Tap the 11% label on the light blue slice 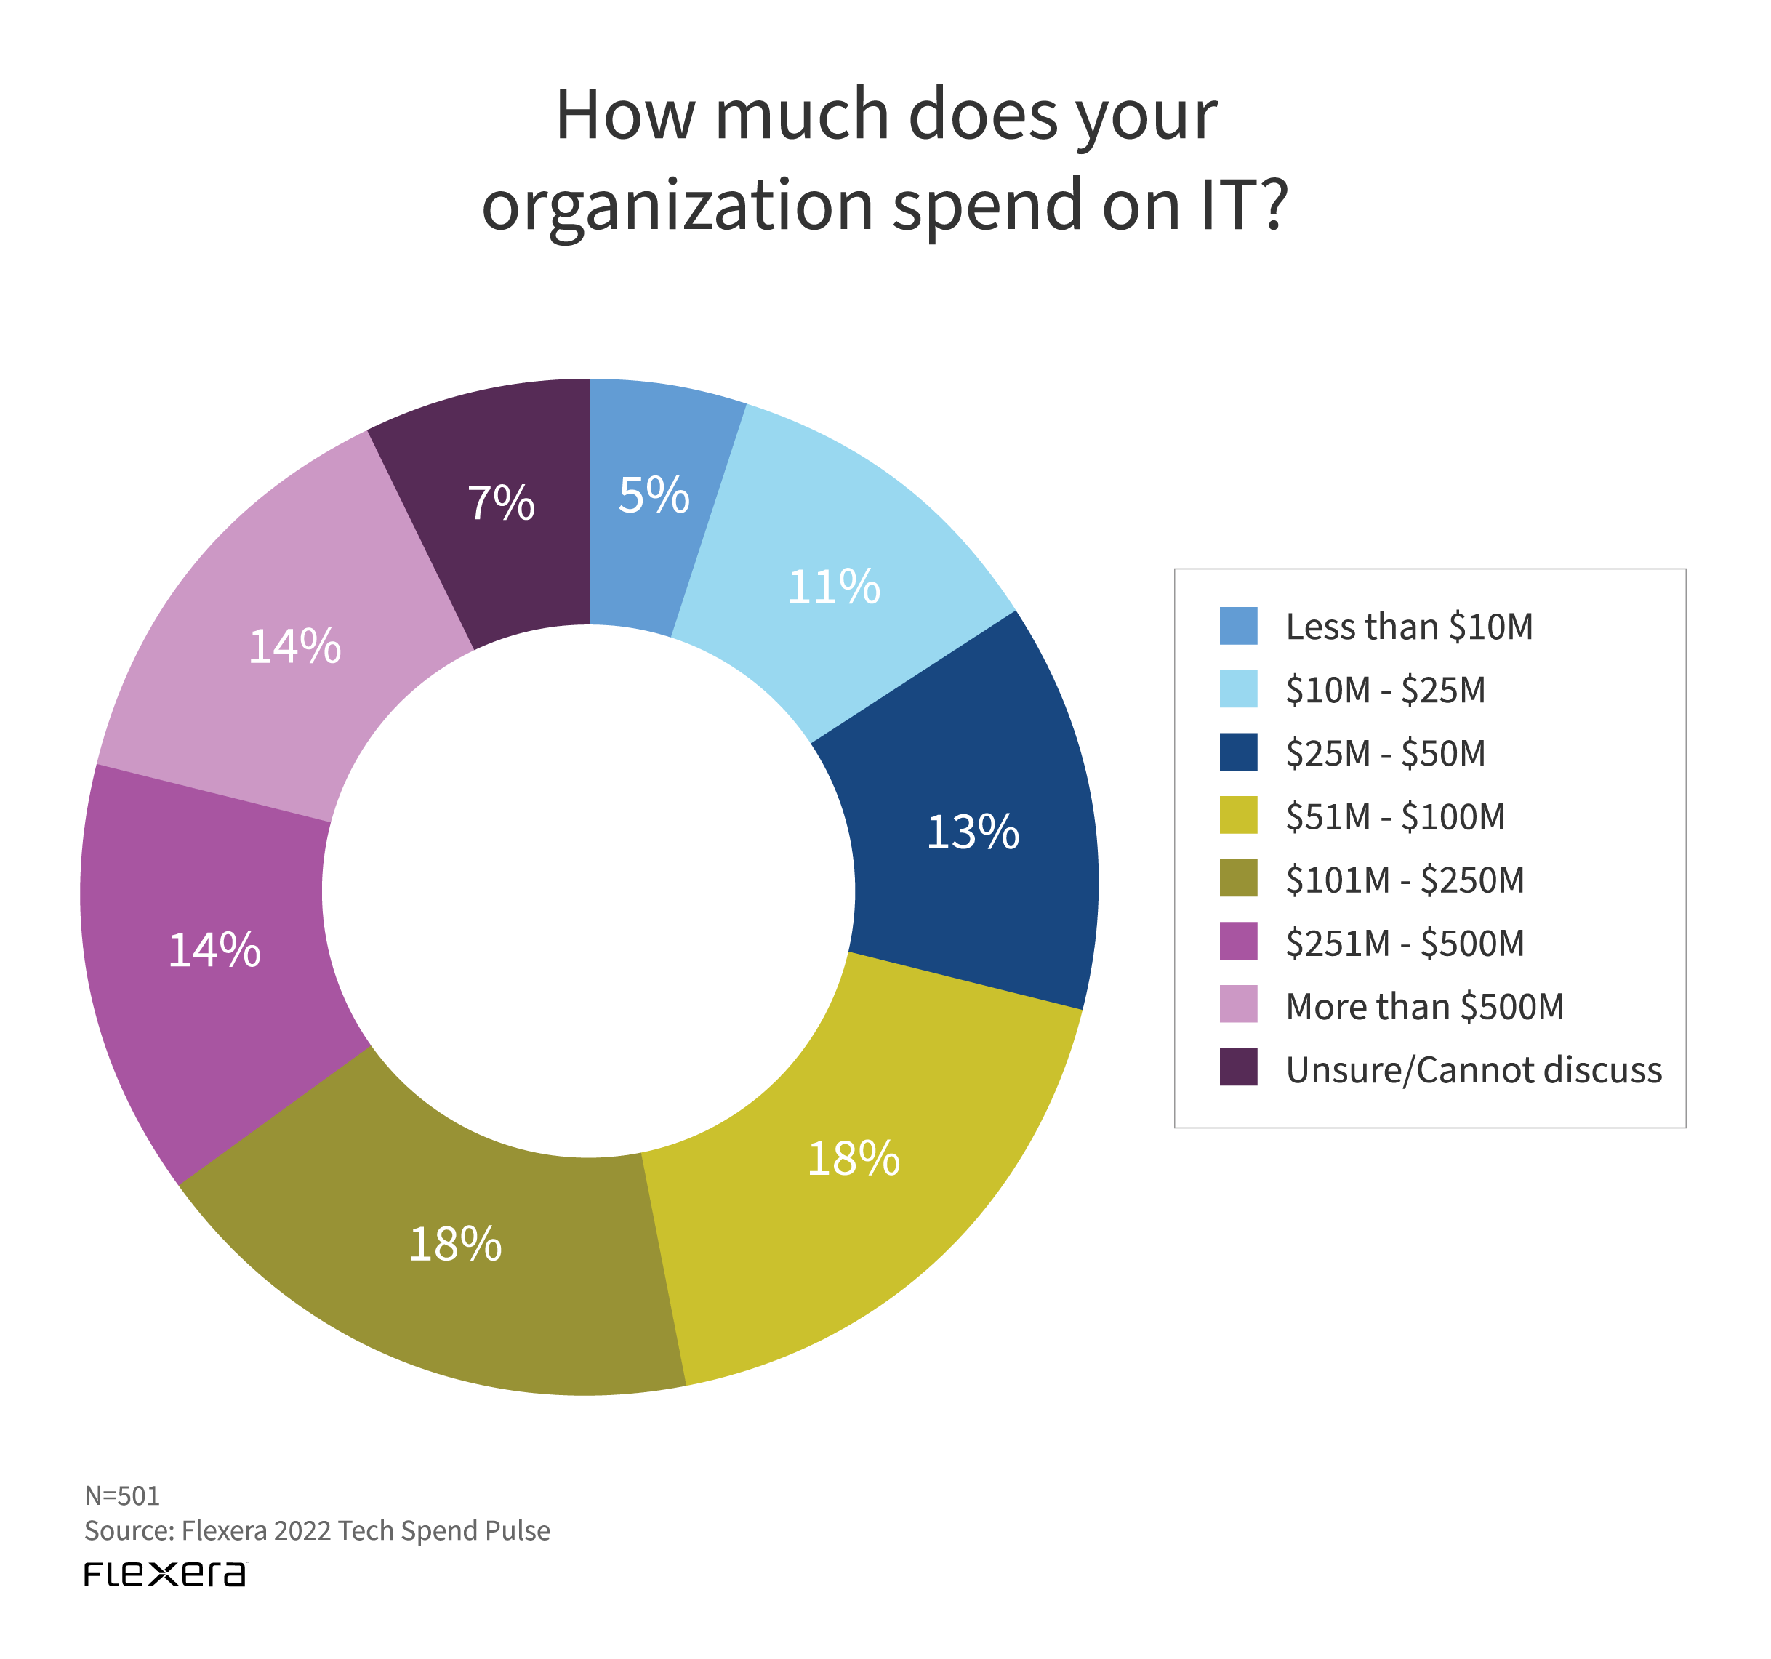click(x=834, y=587)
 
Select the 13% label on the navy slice click(x=973, y=832)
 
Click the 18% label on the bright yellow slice click(x=854, y=1159)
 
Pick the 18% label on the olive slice click(x=455, y=1245)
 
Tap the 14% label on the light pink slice click(x=295, y=647)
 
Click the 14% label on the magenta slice click(x=214, y=951)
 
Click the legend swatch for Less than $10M click(x=1238, y=625)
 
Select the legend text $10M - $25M click(x=1385, y=691)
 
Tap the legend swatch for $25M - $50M click(x=1238, y=752)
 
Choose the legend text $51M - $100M click(x=1395, y=817)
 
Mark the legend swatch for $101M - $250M click(x=1238, y=878)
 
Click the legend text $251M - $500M click(x=1405, y=944)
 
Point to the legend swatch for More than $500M click(x=1238, y=1004)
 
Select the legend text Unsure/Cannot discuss click(x=1474, y=1070)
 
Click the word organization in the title click(x=677, y=206)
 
